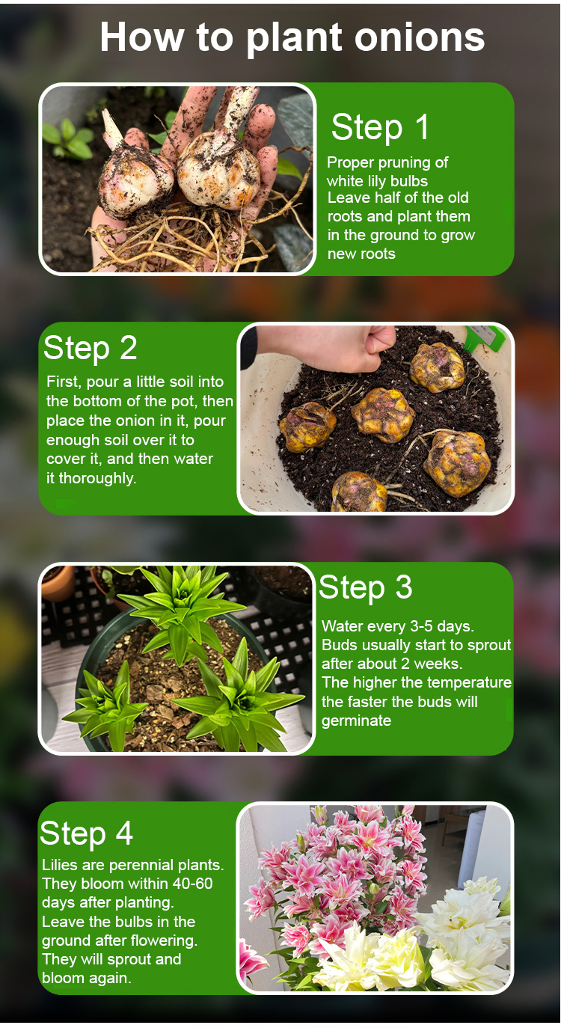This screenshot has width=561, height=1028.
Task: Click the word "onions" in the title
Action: coord(420,37)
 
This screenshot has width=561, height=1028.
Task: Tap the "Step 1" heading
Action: coord(380,127)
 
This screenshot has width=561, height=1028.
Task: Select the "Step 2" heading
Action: coord(91,349)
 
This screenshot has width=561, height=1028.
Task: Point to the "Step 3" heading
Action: coord(366,588)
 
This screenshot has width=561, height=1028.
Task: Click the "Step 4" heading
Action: coord(87,834)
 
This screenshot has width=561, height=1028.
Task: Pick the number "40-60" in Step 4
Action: coord(193,884)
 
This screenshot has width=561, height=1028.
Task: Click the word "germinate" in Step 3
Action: coord(356,721)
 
